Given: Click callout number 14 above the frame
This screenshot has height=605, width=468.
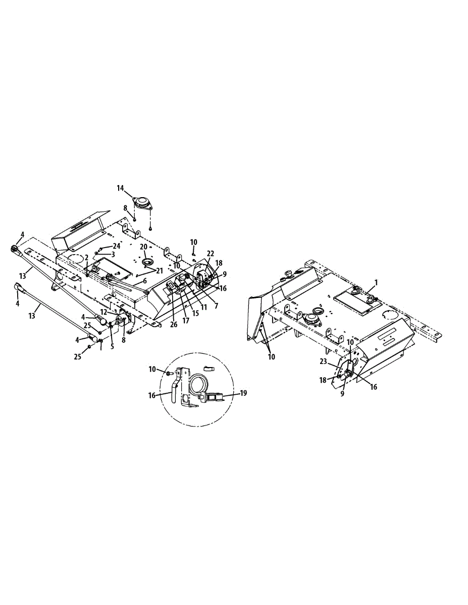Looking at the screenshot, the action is pyautogui.click(x=120, y=188).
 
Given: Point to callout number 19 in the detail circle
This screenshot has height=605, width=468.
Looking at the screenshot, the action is pyautogui.click(x=244, y=393).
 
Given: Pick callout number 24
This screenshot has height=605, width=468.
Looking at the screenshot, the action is pyautogui.click(x=117, y=246).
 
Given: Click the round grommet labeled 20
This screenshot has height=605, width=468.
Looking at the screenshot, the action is pyautogui.click(x=148, y=262).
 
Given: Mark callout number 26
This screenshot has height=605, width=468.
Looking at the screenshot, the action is pyautogui.click(x=174, y=325).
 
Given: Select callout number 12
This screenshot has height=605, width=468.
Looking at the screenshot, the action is pyautogui.click(x=103, y=313).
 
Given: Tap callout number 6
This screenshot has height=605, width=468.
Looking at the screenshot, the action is pyautogui.click(x=144, y=281).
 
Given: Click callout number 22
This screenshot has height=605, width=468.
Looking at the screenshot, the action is pyautogui.click(x=211, y=253).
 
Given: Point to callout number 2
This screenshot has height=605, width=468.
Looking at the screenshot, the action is pyautogui.click(x=86, y=257).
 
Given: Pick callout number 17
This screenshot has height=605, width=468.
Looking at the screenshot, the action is pyautogui.click(x=186, y=320).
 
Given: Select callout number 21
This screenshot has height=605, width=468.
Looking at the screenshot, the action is pyautogui.click(x=160, y=271).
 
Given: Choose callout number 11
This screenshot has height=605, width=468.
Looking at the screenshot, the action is pyautogui.click(x=204, y=306).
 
